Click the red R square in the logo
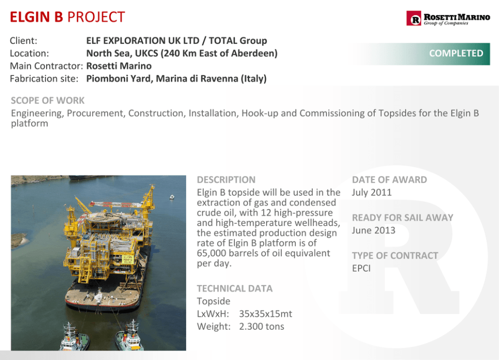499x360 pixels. tap(413, 19)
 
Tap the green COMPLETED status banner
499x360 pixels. tap(421, 53)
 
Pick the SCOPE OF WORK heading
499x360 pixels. tap(48, 101)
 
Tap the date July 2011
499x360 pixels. tap(372, 193)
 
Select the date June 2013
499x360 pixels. tap(374, 230)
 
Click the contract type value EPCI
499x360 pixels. tap(362, 268)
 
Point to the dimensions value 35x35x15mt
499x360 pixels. tap(266, 314)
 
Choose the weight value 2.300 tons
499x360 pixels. tap(262, 327)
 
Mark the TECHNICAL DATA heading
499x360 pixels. tap(234, 289)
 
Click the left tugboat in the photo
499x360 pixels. tap(73, 338)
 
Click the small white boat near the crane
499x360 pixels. tap(172, 197)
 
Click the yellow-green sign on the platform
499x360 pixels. tap(128, 258)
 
